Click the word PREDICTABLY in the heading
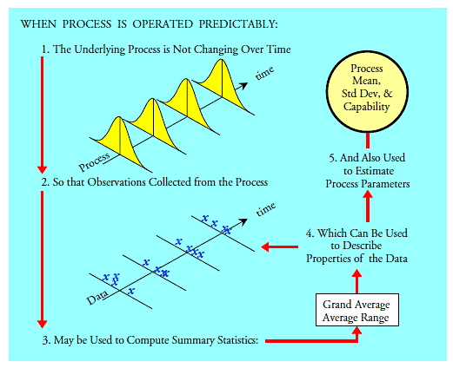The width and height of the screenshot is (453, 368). tap(238, 24)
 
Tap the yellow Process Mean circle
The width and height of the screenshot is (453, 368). tap(367, 91)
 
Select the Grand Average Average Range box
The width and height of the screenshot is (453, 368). tap(357, 310)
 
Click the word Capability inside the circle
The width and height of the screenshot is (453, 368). tap(366, 107)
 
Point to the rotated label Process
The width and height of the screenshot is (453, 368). tap(94, 161)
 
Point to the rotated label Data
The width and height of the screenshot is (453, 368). tap(97, 298)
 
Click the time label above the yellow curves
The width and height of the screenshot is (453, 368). tap(264, 73)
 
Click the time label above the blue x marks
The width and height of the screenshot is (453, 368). tap(266, 209)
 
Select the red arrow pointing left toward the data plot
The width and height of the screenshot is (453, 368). tap(279, 246)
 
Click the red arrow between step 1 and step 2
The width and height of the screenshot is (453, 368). tap(43, 115)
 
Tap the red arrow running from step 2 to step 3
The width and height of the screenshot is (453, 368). tap(43, 260)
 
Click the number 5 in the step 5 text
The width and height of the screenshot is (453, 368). tap(332, 158)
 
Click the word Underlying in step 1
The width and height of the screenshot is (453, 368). tap(99, 49)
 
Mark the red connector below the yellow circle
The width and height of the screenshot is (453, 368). tap(368, 141)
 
